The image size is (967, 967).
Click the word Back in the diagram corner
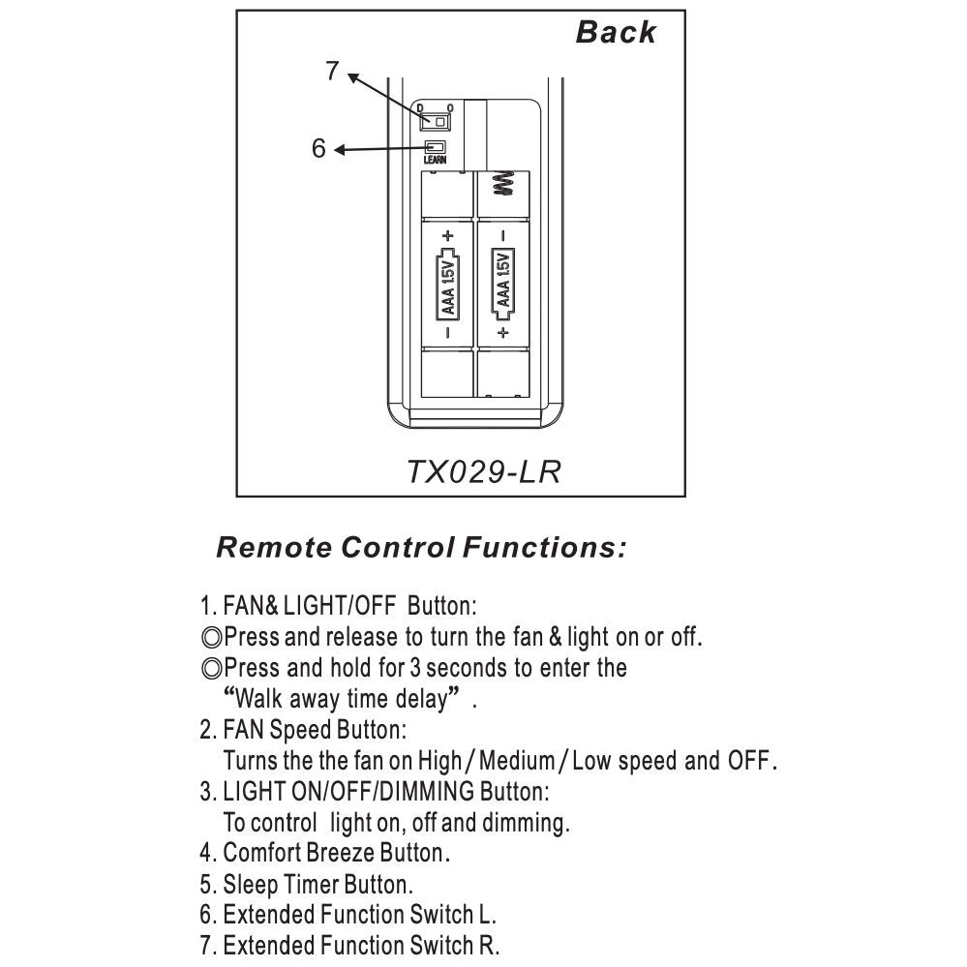pos(616,32)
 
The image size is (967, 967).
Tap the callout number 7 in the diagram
pos(332,70)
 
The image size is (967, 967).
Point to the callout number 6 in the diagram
pos(318,149)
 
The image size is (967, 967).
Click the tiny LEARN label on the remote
pos(435,160)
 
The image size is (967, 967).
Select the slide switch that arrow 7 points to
pos(435,122)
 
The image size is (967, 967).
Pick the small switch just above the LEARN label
pos(435,146)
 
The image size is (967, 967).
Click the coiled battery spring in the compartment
pos(502,184)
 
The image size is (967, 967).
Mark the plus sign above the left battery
pos(448,235)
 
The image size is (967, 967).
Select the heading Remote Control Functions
pos(421,548)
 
